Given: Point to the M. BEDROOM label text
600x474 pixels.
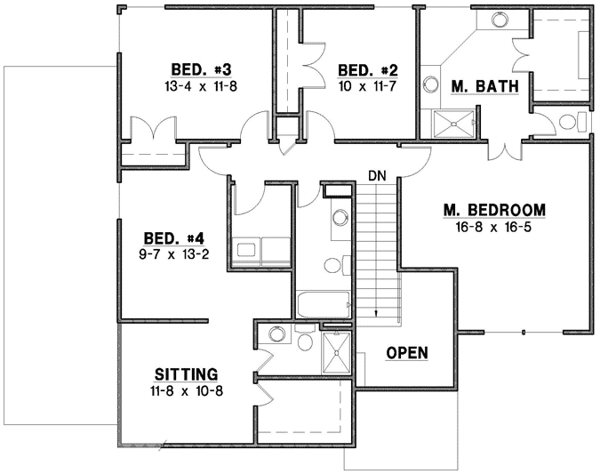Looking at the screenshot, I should tap(493, 210).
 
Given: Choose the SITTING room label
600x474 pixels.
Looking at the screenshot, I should tap(186, 374).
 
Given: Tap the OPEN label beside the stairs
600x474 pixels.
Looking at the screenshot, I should tap(407, 353).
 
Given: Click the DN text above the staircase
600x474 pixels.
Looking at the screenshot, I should tap(377, 176).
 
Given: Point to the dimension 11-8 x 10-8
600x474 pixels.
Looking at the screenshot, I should tap(186, 390).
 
